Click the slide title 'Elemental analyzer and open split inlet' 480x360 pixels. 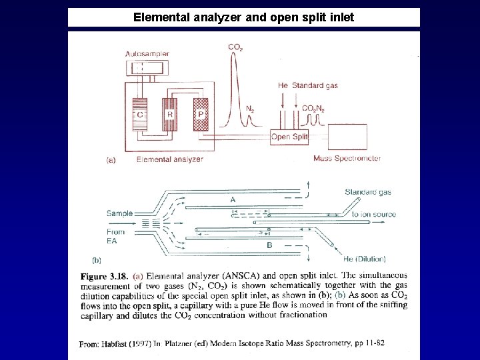coord(243,17)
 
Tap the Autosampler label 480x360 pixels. coord(147,53)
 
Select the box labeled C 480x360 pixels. coord(140,114)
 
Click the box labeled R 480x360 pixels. coord(170,114)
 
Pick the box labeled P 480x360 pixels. coord(200,114)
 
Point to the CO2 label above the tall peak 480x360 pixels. coord(235,47)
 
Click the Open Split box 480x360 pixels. coord(290,137)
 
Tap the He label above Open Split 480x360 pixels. coord(283,85)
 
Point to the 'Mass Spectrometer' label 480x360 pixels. coord(347,158)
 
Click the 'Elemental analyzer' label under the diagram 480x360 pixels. coord(170,159)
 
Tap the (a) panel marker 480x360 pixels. coord(111,159)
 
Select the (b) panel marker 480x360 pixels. coord(97,259)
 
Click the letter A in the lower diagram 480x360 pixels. coord(233,199)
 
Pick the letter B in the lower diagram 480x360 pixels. coord(269,245)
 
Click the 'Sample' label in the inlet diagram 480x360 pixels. coord(119,213)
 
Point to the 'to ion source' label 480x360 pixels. coord(374,215)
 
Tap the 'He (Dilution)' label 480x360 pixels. coord(367,258)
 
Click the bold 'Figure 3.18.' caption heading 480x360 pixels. coord(103,275)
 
